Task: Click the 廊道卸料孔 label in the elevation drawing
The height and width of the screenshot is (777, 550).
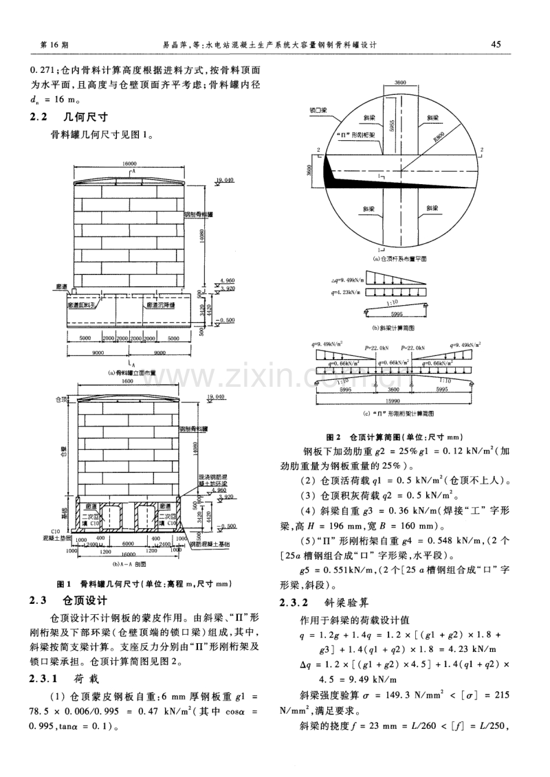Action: tap(85, 302)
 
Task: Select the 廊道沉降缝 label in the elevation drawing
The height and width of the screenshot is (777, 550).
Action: tap(163, 302)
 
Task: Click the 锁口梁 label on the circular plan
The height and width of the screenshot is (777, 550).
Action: tap(316, 109)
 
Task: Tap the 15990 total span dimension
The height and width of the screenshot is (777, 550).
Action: tap(393, 401)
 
